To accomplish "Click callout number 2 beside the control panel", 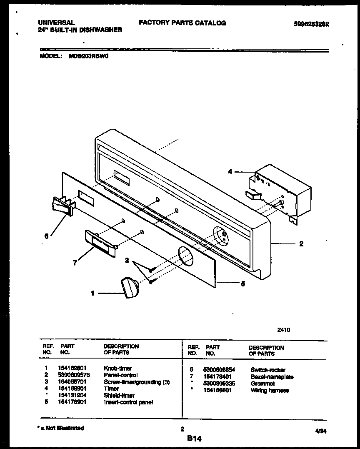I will (301, 244).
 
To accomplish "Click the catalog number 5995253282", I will (311, 24).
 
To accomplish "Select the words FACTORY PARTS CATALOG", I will (182, 23).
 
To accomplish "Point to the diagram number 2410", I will (284, 330).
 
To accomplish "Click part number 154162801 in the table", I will (73, 368).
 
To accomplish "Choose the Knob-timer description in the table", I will (118, 368).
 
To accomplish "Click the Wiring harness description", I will (270, 390).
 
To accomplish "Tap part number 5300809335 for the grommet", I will (217, 384).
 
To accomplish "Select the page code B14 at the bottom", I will (194, 438).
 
